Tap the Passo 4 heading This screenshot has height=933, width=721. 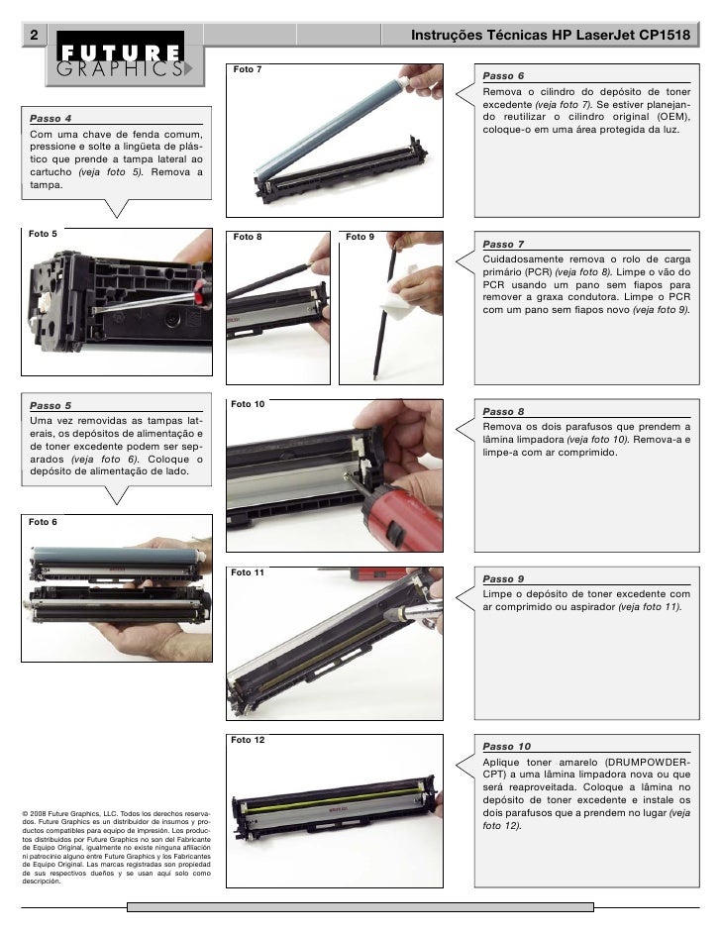point(50,118)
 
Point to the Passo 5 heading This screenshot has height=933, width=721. point(51,405)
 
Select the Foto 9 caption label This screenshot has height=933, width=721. point(360,238)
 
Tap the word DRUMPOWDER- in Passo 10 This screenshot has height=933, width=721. point(645,762)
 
